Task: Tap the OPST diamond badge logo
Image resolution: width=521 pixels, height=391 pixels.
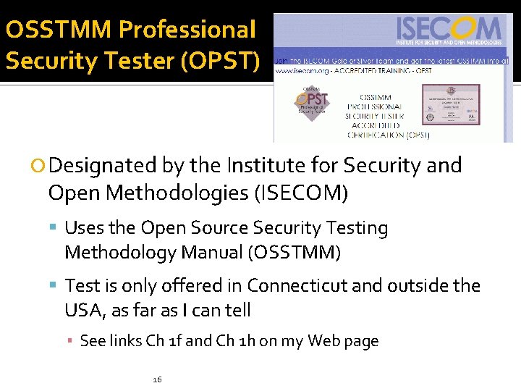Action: pos(311,102)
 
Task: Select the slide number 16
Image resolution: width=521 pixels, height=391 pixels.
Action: pos(157,379)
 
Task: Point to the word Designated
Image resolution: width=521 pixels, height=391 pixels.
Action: pos(104,166)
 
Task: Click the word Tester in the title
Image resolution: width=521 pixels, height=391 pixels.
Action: pos(109,60)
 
